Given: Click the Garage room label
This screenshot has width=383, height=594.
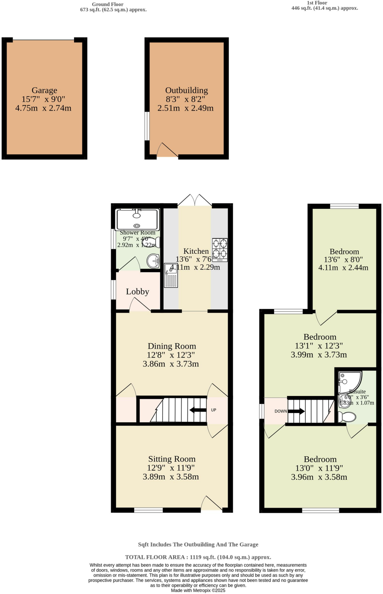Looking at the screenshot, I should [x=44, y=90].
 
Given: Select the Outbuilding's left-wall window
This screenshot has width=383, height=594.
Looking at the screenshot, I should [x=147, y=126].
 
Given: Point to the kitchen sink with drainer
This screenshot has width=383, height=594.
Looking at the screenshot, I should [x=171, y=275].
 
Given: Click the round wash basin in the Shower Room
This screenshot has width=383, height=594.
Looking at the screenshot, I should [x=153, y=261].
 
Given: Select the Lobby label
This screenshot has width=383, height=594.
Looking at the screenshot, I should [x=138, y=291].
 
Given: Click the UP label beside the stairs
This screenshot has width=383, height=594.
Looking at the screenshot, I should [x=214, y=410].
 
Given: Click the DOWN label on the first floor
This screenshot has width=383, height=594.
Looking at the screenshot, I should [x=281, y=411].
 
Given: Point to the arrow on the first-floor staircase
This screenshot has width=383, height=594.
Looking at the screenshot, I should [x=296, y=411].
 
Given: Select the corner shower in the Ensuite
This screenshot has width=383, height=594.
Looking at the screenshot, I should [x=349, y=382].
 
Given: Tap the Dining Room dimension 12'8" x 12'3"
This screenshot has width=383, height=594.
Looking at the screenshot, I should [x=171, y=355].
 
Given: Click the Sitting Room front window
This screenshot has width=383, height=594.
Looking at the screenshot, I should [x=148, y=510].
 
